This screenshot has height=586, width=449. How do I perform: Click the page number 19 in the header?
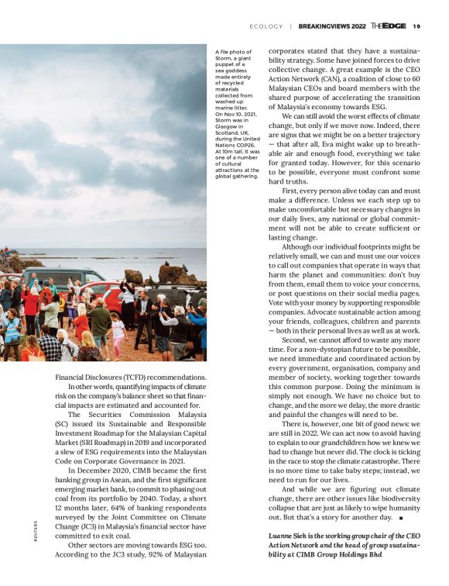pos(416,26)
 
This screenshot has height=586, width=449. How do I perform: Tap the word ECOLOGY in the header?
pos(266,26)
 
